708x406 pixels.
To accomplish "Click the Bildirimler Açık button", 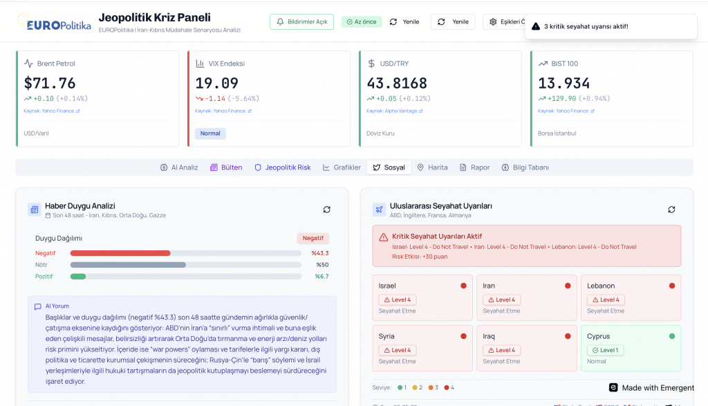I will (301, 22).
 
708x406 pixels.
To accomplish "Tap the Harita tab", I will (432, 167).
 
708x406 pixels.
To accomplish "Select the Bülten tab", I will (226, 167).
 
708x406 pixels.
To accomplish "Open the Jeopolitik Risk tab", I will (283, 167).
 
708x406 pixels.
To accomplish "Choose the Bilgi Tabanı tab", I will (525, 167).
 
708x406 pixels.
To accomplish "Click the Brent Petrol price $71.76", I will (50, 84).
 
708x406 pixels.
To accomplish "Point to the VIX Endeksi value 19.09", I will (216, 84).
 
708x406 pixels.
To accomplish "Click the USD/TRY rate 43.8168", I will (397, 84).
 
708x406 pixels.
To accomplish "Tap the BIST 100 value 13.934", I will (564, 84).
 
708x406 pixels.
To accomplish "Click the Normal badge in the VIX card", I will (210, 133).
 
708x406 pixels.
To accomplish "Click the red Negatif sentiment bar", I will (120, 253).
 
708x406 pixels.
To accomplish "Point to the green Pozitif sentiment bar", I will (78, 277).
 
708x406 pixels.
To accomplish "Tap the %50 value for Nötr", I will (322, 265).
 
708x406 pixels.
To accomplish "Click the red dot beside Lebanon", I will (671, 286).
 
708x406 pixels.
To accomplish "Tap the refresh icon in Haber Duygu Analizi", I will (326, 210).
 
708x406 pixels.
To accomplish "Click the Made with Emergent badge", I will (651, 388).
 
